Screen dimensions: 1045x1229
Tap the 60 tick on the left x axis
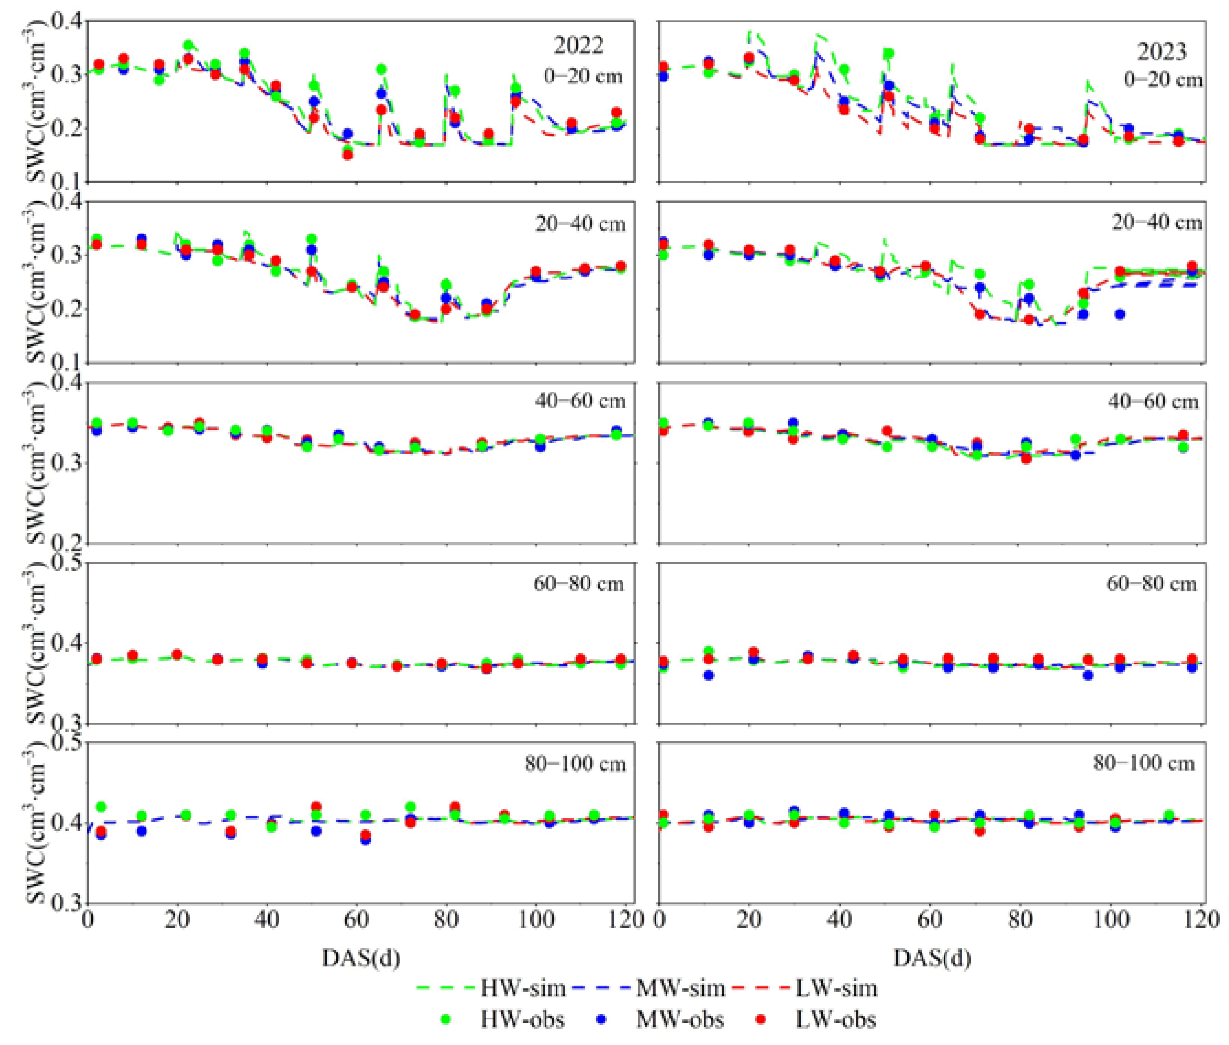357,920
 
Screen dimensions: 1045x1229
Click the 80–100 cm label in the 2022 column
575,764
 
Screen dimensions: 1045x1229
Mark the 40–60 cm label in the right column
1153,402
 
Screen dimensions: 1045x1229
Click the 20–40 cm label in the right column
1156,222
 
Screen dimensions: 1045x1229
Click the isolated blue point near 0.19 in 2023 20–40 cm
1120,314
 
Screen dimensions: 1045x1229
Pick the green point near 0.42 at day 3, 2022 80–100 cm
101,807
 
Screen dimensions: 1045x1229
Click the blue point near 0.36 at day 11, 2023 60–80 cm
709,675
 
